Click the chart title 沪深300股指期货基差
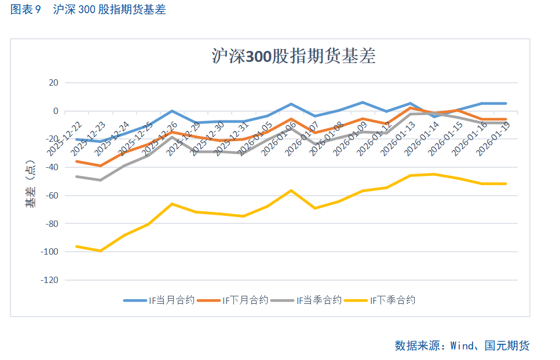pyautogui.click(x=294, y=56)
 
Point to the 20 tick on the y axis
pyautogui.click(x=53, y=83)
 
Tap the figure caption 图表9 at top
pyautogui.click(x=26, y=10)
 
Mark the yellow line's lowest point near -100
pyautogui.click(x=101, y=251)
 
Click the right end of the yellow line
pyautogui.click(x=506, y=183)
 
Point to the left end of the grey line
pyautogui.click(x=76, y=177)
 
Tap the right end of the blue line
pyautogui.click(x=506, y=104)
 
